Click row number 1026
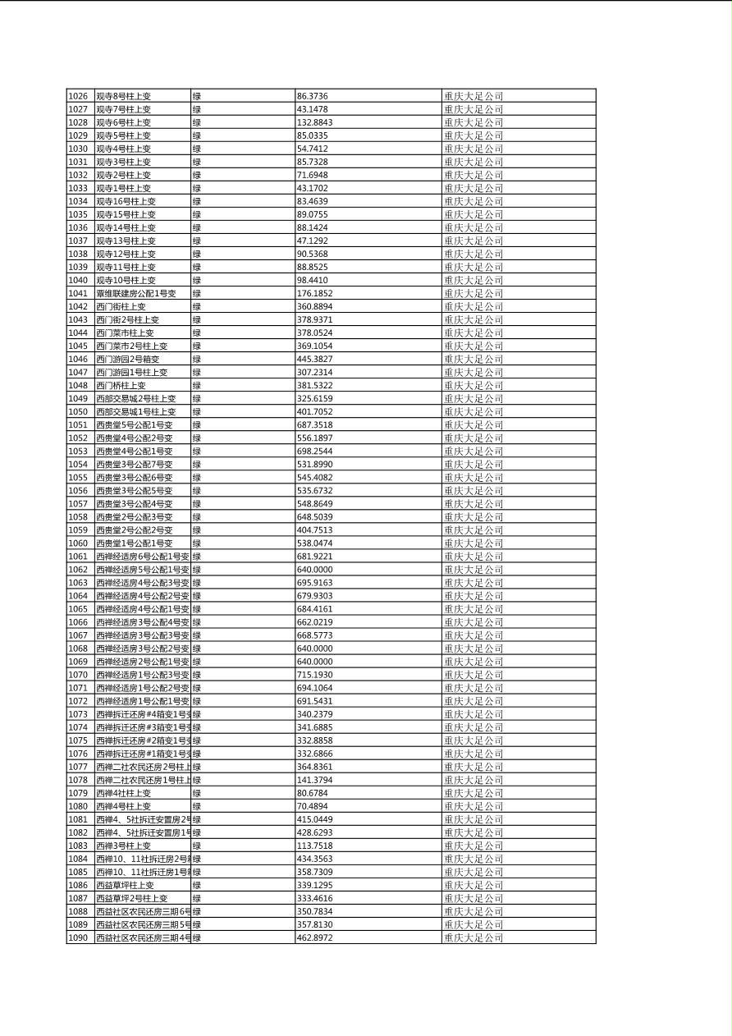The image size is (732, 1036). pos(78,96)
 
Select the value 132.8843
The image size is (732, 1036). pos(314,122)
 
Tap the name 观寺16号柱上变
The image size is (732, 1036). pos(126,201)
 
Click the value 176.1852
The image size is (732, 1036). pos(314,293)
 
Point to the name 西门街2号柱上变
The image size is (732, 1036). pos(127,319)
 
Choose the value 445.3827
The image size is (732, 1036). pos(314,359)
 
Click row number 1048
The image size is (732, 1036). pos(78,385)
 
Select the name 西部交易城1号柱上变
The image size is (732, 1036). pos(135,411)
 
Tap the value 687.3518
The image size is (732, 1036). pos(314,424)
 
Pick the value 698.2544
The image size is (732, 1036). pos(314,451)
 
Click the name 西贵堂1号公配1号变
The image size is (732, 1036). pos(134,543)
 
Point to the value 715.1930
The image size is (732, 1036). pos(314,674)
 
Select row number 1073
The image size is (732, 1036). pos(78,714)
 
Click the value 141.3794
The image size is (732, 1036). pos(314,780)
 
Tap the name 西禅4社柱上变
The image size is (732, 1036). pos(123,793)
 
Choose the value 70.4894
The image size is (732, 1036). pos(313,806)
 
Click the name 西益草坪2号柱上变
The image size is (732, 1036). pos(131,898)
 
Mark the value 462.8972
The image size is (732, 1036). pos(314,937)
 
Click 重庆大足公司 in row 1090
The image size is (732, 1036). pos(474,937)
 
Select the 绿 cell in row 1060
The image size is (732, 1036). pos(197,543)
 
